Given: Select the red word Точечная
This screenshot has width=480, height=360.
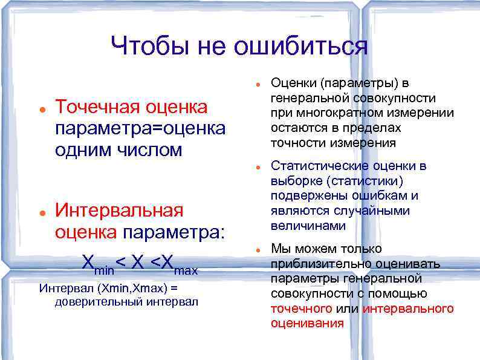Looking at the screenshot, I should coord(97,107).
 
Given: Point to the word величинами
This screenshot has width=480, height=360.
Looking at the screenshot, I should coord(308,226).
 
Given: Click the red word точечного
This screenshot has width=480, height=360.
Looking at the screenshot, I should coord(301,309).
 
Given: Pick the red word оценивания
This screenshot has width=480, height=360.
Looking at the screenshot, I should coord(307,323).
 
